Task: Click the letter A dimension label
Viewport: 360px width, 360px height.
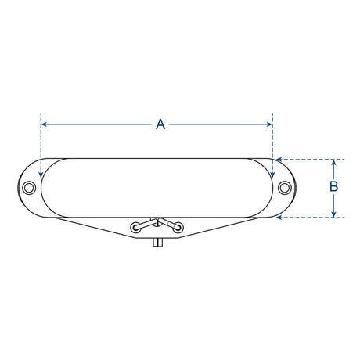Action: pyautogui.click(x=160, y=124)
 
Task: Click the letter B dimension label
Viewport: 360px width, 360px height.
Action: pyautogui.click(x=334, y=187)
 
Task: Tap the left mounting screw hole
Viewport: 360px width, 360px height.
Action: pyautogui.click(x=29, y=188)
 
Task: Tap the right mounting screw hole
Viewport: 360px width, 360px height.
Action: pyautogui.click(x=287, y=188)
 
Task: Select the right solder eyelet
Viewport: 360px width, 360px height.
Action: pyautogui.click(x=179, y=228)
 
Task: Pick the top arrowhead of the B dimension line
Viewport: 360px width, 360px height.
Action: pyautogui.click(x=334, y=162)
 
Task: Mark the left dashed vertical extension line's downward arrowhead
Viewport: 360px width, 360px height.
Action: pyautogui.click(x=41, y=174)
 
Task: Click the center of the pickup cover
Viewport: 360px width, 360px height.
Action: pyautogui.click(x=158, y=188)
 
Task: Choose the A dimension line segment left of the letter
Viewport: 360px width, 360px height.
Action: pyautogui.click(x=98, y=124)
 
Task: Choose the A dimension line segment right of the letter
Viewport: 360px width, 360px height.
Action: pyautogui.click(x=219, y=124)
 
